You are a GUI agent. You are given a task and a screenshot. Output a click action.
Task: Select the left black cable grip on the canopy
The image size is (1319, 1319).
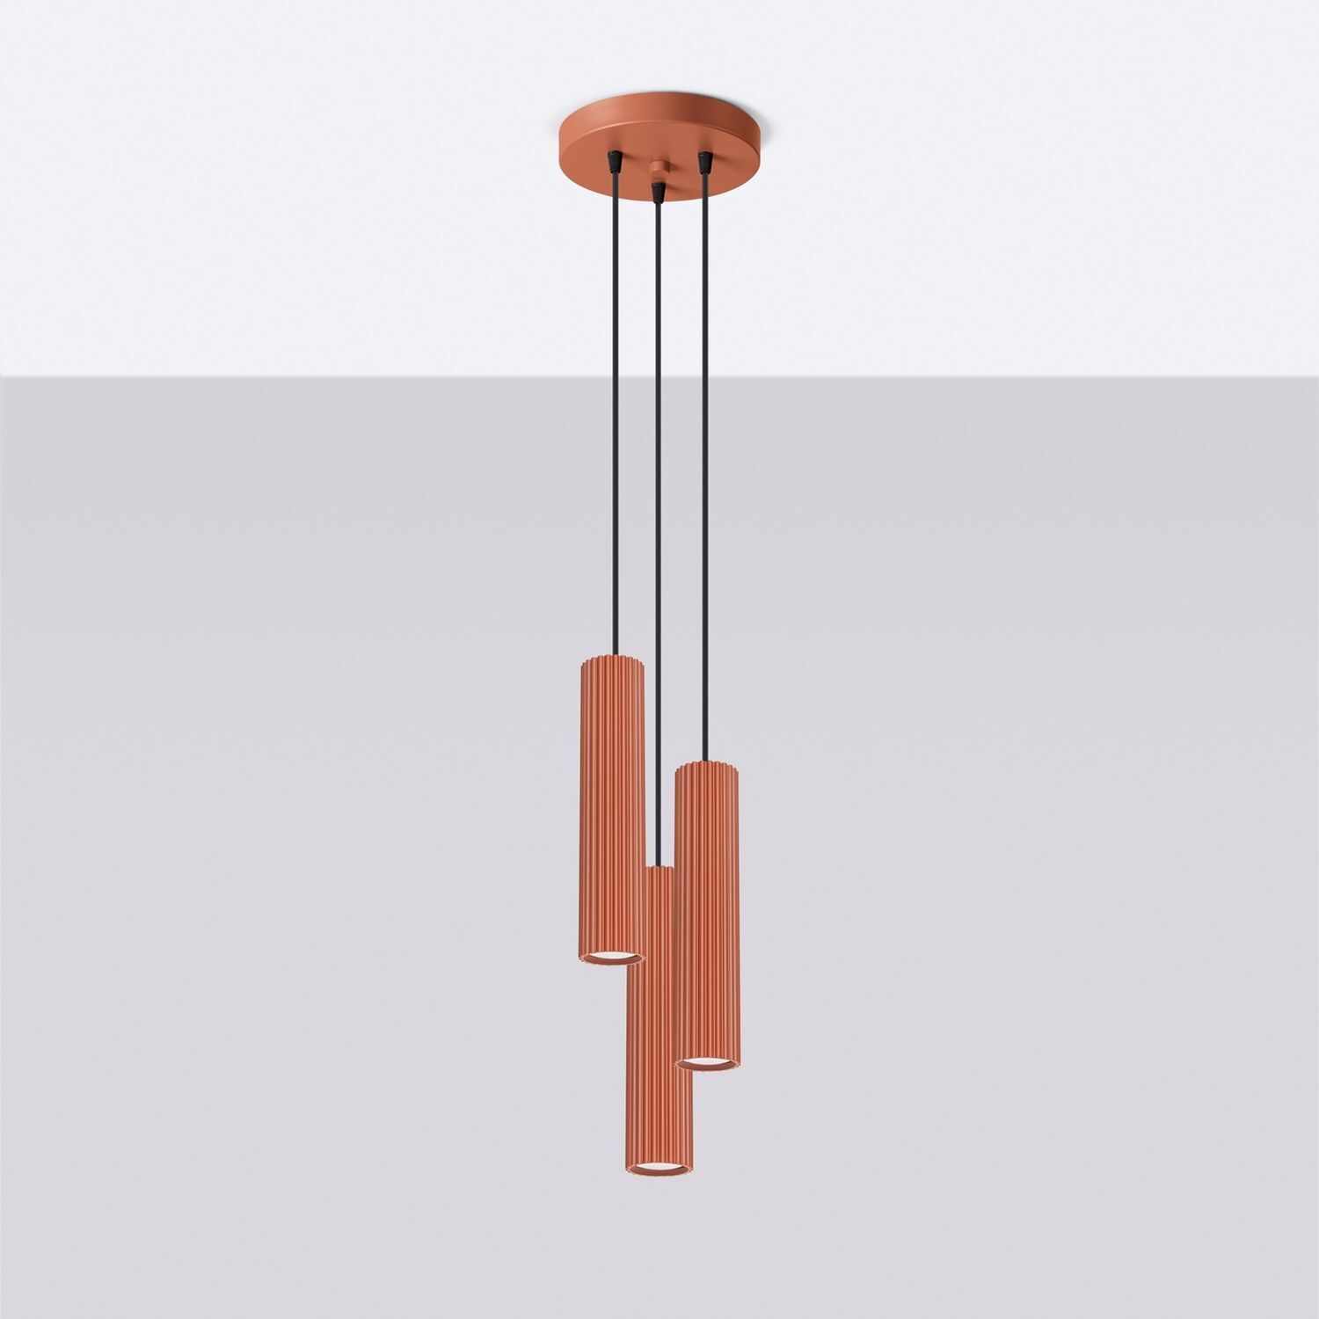[x=612, y=162]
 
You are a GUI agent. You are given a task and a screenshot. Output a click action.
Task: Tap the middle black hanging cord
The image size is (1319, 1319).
[x=656, y=528]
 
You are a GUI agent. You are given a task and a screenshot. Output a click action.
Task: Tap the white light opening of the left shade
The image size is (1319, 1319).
[x=612, y=956]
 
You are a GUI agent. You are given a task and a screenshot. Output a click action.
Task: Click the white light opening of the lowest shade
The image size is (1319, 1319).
[x=659, y=1167]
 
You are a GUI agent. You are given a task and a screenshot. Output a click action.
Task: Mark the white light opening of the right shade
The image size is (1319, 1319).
[x=708, y=1064]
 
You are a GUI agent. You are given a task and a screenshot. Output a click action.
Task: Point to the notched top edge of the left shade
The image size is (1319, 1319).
[x=612, y=659]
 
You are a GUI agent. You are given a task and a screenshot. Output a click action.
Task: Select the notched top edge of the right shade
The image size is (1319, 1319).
[x=707, y=765]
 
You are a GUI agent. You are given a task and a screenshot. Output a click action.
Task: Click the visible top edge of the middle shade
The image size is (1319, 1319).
[x=659, y=869]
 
